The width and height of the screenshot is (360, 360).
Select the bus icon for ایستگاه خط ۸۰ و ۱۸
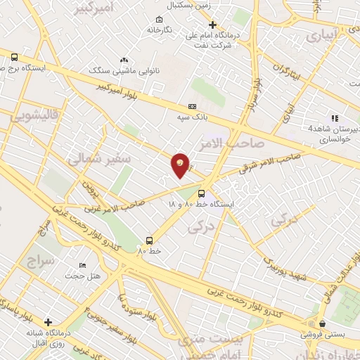coord(202,193)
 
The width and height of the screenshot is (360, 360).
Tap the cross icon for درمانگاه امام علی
coord(212,25)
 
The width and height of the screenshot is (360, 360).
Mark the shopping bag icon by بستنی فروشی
coord(322,324)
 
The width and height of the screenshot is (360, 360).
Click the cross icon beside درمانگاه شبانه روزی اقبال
coord(48,322)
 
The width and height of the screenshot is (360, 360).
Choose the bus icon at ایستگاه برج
coord(15,58)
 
